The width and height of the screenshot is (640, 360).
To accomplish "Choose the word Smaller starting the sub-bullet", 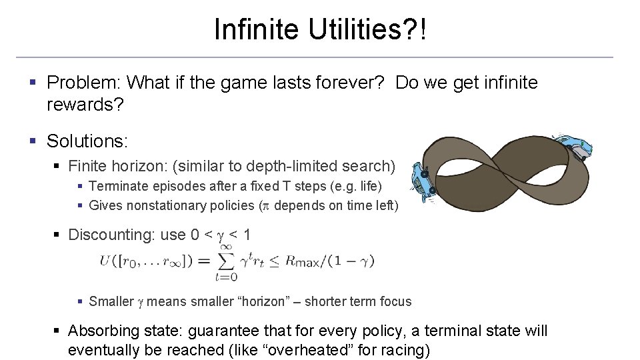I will click(111, 301).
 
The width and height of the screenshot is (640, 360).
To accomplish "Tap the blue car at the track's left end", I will click(421, 181).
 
